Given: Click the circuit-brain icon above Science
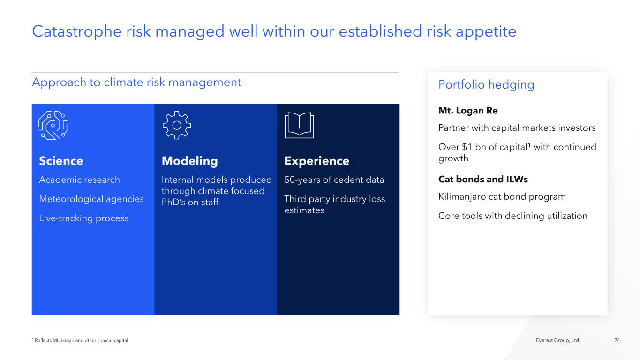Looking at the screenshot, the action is click(x=53, y=125).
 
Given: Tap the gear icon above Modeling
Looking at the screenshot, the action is click(x=177, y=125).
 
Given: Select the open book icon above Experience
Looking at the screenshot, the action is click(x=299, y=125).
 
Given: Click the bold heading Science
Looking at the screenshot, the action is click(x=61, y=161).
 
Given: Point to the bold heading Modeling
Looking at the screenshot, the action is click(x=190, y=161).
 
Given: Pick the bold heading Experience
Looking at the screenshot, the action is click(x=317, y=161).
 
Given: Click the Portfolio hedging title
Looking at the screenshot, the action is click(x=486, y=84).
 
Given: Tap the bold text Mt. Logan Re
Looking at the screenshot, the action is click(x=468, y=111).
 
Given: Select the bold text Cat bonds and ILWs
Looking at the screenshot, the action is click(x=483, y=179).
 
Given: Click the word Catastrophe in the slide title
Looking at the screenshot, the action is click(x=77, y=31).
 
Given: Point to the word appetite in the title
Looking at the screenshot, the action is click(x=486, y=32).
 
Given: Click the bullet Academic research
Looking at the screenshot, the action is click(x=79, y=180).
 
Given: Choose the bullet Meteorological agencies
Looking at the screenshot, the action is click(x=91, y=199).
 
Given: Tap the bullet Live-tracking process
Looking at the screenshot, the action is click(x=84, y=218).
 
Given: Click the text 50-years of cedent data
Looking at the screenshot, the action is click(x=334, y=180).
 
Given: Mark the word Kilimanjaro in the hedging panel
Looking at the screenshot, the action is click(x=462, y=196).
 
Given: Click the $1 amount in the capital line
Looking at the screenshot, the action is click(x=467, y=147).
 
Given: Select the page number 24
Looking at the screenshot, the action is click(x=617, y=340).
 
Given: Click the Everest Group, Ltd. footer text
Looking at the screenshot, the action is click(x=558, y=340).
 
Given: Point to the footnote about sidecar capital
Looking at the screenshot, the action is click(x=80, y=340).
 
